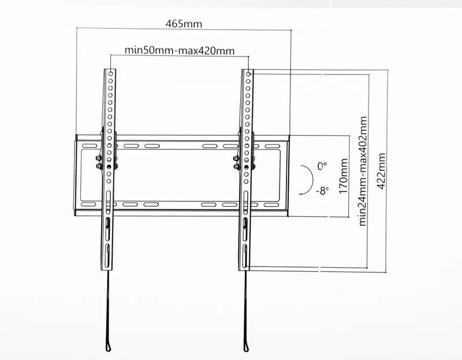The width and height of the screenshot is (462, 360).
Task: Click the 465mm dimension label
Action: pyautogui.click(x=184, y=24)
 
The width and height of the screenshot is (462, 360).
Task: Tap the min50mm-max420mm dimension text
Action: pyautogui.click(x=180, y=50)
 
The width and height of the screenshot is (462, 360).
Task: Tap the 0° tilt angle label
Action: pyautogui.click(x=322, y=166)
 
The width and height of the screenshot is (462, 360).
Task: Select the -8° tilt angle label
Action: pyautogui.click(x=322, y=189)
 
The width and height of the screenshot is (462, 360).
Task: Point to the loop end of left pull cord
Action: pyautogui.click(x=109, y=347)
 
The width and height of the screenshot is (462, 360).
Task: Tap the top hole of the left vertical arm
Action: pyautogui.click(x=110, y=74)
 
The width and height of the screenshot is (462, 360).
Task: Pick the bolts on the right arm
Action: pyautogui.click(x=237, y=162)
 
